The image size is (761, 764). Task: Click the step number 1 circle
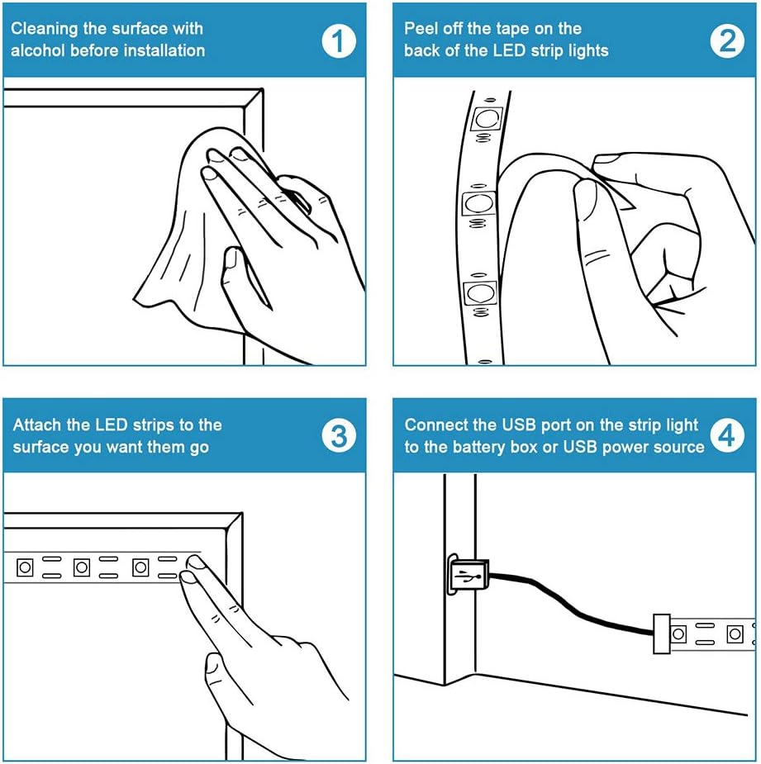click(x=338, y=40)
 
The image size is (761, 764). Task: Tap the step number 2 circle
click(x=727, y=40)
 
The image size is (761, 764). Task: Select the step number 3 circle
click(x=338, y=436)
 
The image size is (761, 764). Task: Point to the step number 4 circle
click(x=727, y=435)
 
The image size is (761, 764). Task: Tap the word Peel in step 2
click(x=421, y=28)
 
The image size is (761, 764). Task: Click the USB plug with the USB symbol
click(x=468, y=575)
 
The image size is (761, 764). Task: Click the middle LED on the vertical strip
click(x=478, y=204)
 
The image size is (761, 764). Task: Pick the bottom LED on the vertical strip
click(x=480, y=293)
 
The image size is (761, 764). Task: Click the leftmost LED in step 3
click(x=25, y=567)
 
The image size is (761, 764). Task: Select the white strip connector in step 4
click(x=662, y=634)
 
